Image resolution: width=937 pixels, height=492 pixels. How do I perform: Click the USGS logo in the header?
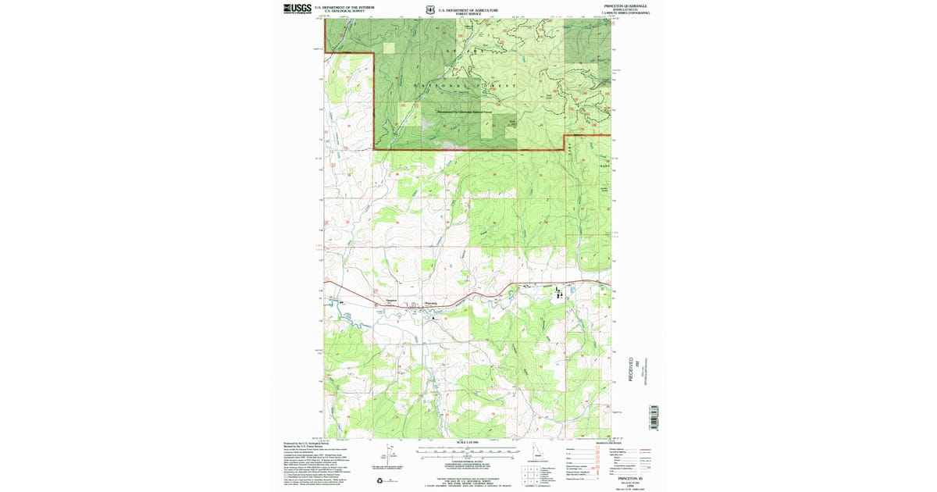(x=297, y=9)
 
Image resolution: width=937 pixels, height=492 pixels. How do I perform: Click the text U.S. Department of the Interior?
(x=344, y=6)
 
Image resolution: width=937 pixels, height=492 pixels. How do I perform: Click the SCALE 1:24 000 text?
(x=467, y=442)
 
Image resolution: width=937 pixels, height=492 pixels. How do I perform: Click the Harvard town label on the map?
(x=391, y=300)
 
